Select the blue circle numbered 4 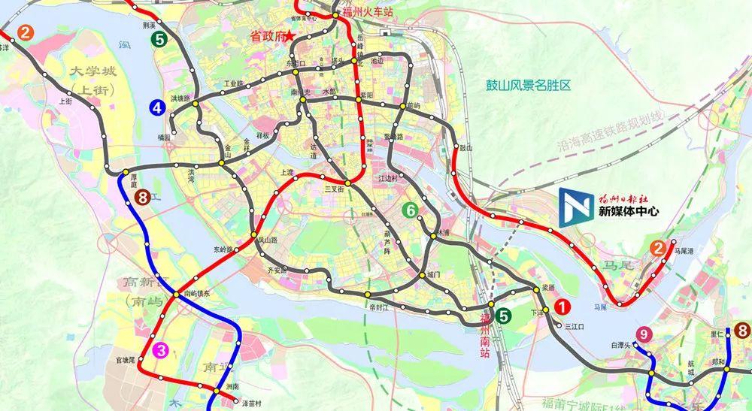tap(157, 107)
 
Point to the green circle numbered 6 tap(410, 211)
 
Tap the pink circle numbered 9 tap(642, 334)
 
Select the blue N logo tap(575, 207)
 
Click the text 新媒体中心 tap(628, 212)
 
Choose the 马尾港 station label tap(686, 251)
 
